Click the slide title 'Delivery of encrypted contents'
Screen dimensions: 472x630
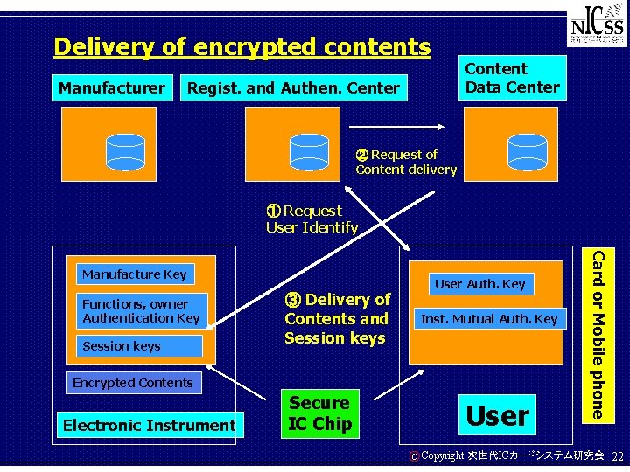click(242, 46)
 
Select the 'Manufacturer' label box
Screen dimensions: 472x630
click(112, 87)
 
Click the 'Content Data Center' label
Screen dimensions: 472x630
click(512, 78)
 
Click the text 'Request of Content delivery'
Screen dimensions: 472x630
click(405, 162)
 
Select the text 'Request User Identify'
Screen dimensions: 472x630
click(311, 219)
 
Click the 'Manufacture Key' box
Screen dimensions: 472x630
click(134, 274)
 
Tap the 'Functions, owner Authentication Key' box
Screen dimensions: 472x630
click(141, 311)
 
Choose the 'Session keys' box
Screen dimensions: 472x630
click(139, 346)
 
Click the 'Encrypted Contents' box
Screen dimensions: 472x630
click(132, 383)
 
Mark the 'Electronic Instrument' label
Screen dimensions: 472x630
click(149, 426)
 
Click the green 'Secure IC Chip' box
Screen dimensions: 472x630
click(319, 413)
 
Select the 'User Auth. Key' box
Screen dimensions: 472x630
click(479, 283)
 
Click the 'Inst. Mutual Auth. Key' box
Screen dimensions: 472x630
click(489, 319)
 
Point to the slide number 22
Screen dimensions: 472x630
click(617, 456)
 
